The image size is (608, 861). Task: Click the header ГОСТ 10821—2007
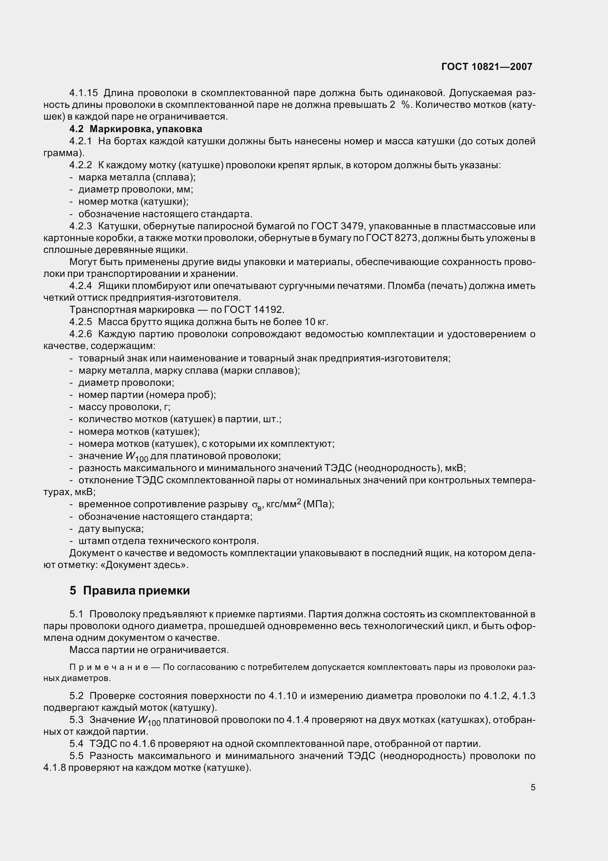pyautogui.click(x=487, y=67)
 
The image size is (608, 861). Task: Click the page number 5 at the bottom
pyautogui.click(x=533, y=787)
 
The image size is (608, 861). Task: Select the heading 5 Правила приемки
pyautogui.click(x=129, y=590)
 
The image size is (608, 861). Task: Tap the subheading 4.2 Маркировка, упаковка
pyautogui.click(x=136, y=129)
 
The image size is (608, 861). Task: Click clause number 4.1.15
pyautogui.click(x=83, y=93)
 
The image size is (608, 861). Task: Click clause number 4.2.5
pyautogui.click(x=81, y=322)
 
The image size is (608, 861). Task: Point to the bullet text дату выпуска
pyautogui.click(x=111, y=529)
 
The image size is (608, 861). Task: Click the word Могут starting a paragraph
pyautogui.click(x=82, y=262)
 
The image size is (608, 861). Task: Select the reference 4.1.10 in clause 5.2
pyautogui.click(x=283, y=696)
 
